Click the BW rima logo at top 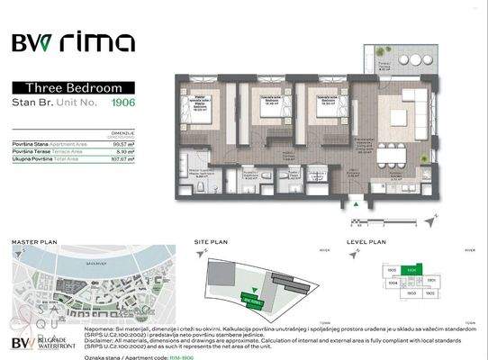pos(73,42)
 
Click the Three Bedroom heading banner pos(73,87)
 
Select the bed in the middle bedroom pos(267,112)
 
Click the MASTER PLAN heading pos(33,241)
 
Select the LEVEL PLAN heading pos(366,241)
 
